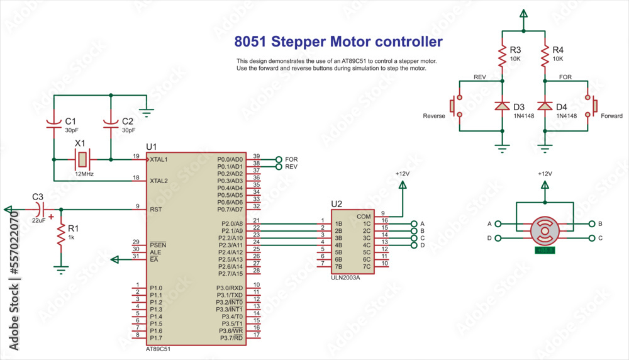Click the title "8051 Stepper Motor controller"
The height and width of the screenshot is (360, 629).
click(338, 42)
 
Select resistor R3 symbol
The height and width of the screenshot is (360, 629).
click(502, 57)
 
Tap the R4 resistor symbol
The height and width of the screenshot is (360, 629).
click(545, 57)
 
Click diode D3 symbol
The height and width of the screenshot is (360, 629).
click(502, 106)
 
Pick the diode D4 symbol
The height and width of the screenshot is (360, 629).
click(545, 106)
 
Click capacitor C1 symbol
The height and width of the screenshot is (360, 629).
click(54, 124)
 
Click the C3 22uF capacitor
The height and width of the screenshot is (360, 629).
click(40, 208)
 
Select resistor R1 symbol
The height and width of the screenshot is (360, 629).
click(60, 235)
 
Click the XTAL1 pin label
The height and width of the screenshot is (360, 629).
click(159, 159)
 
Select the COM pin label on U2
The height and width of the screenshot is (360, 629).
click(363, 216)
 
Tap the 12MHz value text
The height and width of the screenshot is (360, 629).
click(84, 173)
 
